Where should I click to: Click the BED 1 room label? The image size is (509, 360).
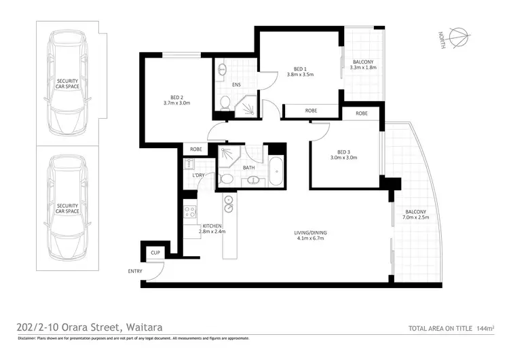(x=300, y=69)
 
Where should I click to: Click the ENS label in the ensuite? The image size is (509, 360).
(x=236, y=85)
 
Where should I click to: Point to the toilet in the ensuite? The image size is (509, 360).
(x=225, y=103)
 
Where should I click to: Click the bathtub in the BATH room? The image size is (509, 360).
(x=276, y=171)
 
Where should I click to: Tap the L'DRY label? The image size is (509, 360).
(x=199, y=176)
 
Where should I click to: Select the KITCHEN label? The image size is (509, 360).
(x=211, y=225)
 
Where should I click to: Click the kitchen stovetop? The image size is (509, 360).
(x=189, y=211)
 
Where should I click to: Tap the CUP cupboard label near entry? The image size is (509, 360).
(x=155, y=253)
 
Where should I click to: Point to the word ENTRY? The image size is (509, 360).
(x=135, y=271)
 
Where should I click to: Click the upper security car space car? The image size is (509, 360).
(x=67, y=82)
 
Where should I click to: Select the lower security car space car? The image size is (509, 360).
(x=67, y=207)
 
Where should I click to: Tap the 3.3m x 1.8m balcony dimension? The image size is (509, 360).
(x=362, y=68)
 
